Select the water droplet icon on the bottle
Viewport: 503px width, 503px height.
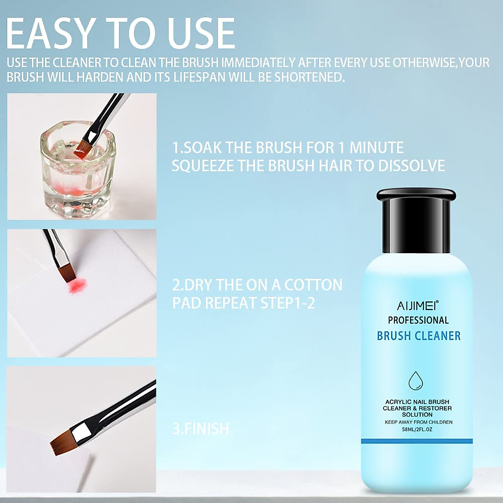click(x=416, y=380)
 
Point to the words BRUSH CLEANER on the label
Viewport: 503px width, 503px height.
click(x=418, y=336)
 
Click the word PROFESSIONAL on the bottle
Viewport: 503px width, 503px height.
click(x=418, y=320)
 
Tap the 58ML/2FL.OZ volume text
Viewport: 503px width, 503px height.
click(x=417, y=430)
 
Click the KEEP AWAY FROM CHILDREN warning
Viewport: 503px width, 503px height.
click(x=418, y=422)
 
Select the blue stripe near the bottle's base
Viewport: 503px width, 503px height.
click(x=417, y=441)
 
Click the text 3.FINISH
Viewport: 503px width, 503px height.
click(x=201, y=429)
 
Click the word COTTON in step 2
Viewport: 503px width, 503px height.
click(x=313, y=285)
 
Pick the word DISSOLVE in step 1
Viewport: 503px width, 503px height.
click(x=412, y=166)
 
